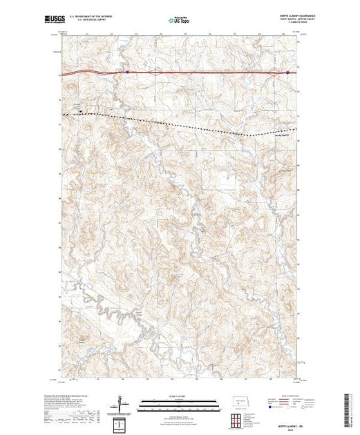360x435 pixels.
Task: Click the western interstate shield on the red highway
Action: [x=128, y=70]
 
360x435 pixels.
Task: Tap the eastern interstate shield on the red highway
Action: [x=288, y=70]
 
